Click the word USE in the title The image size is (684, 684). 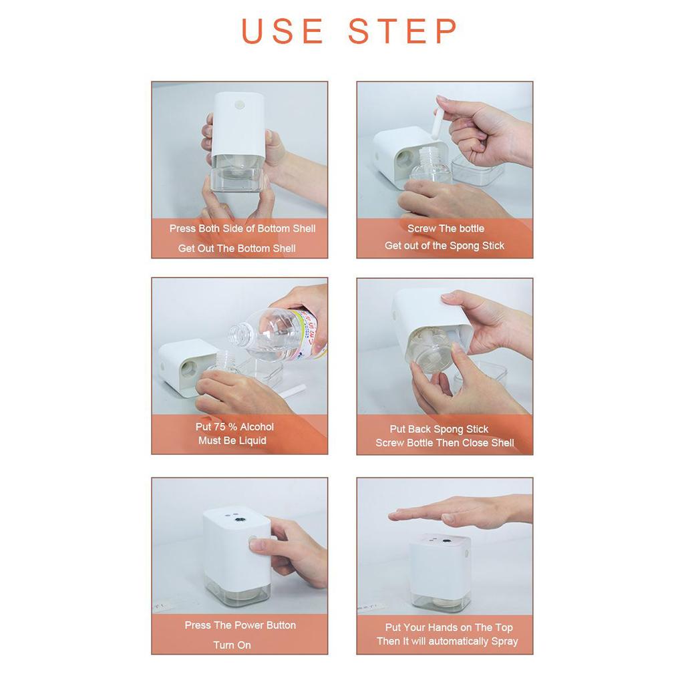282,31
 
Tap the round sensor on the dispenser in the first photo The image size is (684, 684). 240,105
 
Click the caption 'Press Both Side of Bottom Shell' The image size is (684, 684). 242,228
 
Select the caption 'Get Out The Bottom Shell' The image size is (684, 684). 237,248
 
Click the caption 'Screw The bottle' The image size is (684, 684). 446,228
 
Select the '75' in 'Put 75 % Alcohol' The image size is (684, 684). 219,427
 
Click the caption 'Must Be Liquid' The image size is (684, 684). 232,441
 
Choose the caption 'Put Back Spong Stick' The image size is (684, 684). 440,430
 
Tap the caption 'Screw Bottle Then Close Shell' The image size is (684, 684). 445,443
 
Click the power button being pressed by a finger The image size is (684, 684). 253,541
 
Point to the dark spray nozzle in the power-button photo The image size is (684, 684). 240,520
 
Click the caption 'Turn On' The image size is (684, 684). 232,645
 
